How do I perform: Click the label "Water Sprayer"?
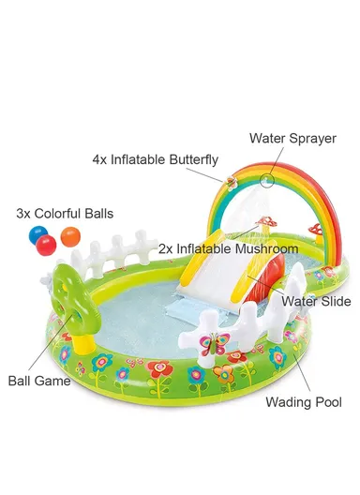[x=292, y=138]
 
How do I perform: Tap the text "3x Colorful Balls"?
[x=65, y=214]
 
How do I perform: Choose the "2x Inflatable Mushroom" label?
[x=228, y=249]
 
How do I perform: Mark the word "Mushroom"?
[x=265, y=249]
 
